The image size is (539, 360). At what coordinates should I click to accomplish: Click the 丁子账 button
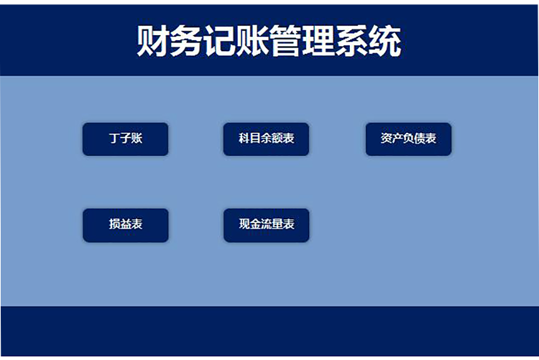[125, 139]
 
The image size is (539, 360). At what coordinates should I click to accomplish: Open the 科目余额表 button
[266, 139]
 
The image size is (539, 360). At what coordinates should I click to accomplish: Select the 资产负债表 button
[408, 139]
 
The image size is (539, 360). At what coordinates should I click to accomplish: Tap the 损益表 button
[125, 225]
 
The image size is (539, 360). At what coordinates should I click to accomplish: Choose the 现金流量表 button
[266, 225]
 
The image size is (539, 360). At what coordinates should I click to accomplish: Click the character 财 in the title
[153, 42]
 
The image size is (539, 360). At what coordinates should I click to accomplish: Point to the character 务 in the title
[186, 42]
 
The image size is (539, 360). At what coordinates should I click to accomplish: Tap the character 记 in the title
[219, 42]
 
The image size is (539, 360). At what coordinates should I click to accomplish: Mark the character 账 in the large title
[252, 42]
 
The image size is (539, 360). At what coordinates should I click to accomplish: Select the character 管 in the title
[285, 42]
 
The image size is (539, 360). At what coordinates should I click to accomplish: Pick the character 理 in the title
[318, 42]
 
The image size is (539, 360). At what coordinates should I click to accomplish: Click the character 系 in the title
[351, 42]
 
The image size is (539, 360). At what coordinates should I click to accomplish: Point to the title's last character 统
[384, 42]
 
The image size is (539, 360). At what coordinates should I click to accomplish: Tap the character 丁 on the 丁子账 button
[114, 139]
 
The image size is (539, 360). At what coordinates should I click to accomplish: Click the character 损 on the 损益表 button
[114, 225]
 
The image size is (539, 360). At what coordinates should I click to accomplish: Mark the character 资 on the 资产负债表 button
[386, 139]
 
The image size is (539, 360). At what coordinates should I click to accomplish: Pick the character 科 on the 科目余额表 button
[244, 139]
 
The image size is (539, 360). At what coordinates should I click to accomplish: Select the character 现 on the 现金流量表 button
[244, 225]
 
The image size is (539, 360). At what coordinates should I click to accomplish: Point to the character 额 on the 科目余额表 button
[277, 139]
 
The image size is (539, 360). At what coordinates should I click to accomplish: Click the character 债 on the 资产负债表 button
[420, 139]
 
